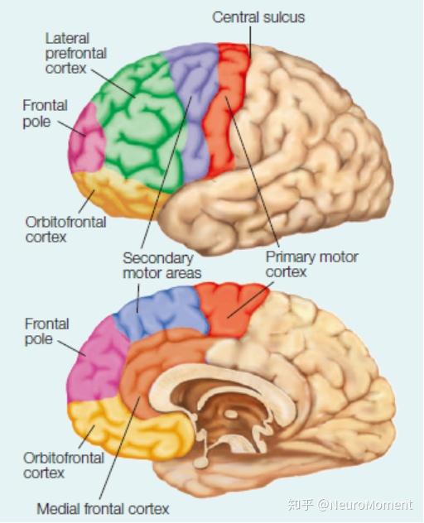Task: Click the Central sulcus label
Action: pyautogui.click(x=258, y=17)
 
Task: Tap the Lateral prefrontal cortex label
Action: pyautogui.click(x=76, y=53)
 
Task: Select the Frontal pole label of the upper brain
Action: pyautogui.click(x=45, y=113)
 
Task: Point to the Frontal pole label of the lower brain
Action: pyautogui.click(x=46, y=332)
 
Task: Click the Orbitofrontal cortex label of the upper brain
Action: pyautogui.click(x=65, y=229)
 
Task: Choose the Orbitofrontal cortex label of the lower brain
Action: pyautogui.click(x=64, y=465)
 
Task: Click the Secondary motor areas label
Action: pyautogui.click(x=162, y=266)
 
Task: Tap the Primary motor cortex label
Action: pyautogui.click(x=312, y=264)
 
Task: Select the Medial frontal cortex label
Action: pyautogui.click(x=103, y=509)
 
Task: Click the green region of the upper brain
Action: pyautogui.click(x=140, y=123)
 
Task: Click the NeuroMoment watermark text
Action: pyautogui.click(x=350, y=504)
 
